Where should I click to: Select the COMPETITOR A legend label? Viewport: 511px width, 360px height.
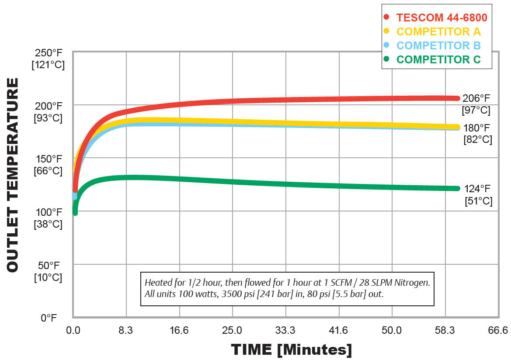click(x=438, y=31)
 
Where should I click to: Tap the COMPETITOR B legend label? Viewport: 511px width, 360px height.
click(x=438, y=45)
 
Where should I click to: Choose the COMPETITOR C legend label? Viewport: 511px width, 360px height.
click(x=438, y=59)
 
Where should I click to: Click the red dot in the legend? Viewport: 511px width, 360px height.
click(x=386, y=18)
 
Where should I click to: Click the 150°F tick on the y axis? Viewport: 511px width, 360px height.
click(x=49, y=159)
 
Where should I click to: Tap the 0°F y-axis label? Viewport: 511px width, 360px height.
click(x=49, y=318)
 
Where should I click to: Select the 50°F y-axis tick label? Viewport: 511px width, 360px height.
click(x=49, y=265)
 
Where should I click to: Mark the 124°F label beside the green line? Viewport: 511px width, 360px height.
click(x=477, y=189)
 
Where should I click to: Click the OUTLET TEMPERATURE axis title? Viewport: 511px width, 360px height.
click(x=13, y=175)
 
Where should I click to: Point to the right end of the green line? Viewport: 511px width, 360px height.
click(x=457, y=188)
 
